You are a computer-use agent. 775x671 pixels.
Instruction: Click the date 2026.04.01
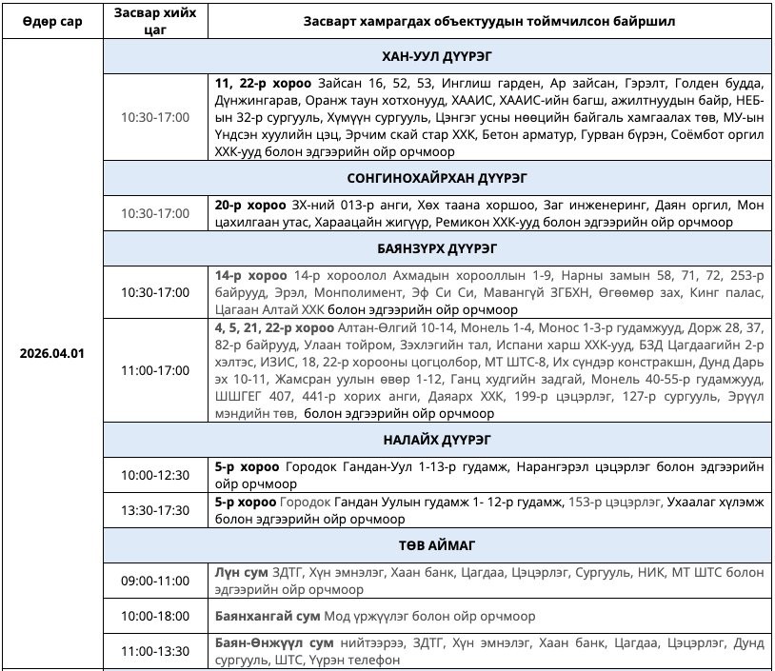pyautogui.click(x=52, y=353)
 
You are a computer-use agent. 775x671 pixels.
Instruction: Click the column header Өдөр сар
pyautogui.click(x=52, y=20)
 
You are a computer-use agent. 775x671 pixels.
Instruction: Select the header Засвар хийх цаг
pyautogui.click(x=154, y=20)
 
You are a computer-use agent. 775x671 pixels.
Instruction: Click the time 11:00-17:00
pyautogui.click(x=154, y=370)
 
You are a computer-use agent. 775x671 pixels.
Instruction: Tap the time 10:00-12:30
pyautogui.click(x=154, y=475)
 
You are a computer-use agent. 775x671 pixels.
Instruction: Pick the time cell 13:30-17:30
pyautogui.click(x=154, y=510)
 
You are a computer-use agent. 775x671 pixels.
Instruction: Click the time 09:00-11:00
pyautogui.click(x=154, y=581)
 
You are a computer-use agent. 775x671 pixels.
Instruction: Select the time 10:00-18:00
pyautogui.click(x=154, y=616)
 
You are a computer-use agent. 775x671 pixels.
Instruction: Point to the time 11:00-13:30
pyautogui.click(x=154, y=651)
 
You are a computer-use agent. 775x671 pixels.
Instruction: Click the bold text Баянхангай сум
pyautogui.click(x=268, y=616)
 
